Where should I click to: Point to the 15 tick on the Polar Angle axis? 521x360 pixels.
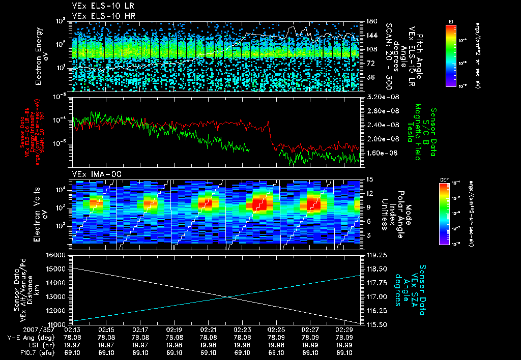tap(369, 179)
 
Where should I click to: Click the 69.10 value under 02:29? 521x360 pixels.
tap(344, 352)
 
